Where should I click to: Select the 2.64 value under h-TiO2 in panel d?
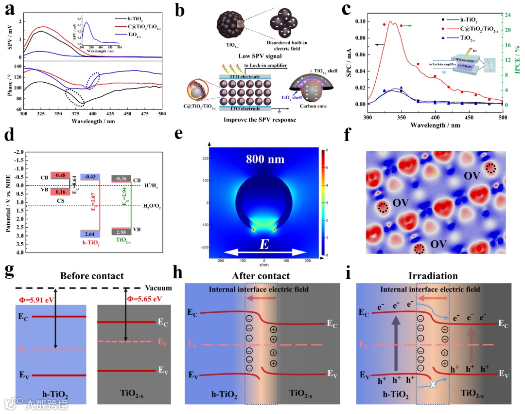(x=90, y=234)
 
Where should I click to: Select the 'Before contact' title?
(x=92, y=276)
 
